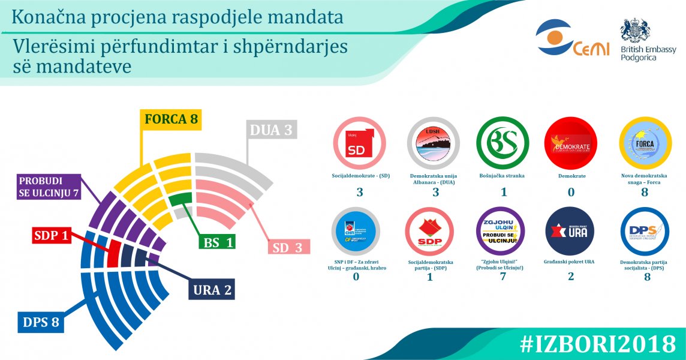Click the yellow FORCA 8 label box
pos(171,119)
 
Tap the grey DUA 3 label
pos(272,130)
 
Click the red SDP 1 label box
pos(50,236)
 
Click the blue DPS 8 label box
pos(41,322)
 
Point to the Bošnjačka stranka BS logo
pos(503,143)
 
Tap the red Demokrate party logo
pos(570,143)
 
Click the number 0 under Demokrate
pos(571,193)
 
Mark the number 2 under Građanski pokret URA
pos(571,277)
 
